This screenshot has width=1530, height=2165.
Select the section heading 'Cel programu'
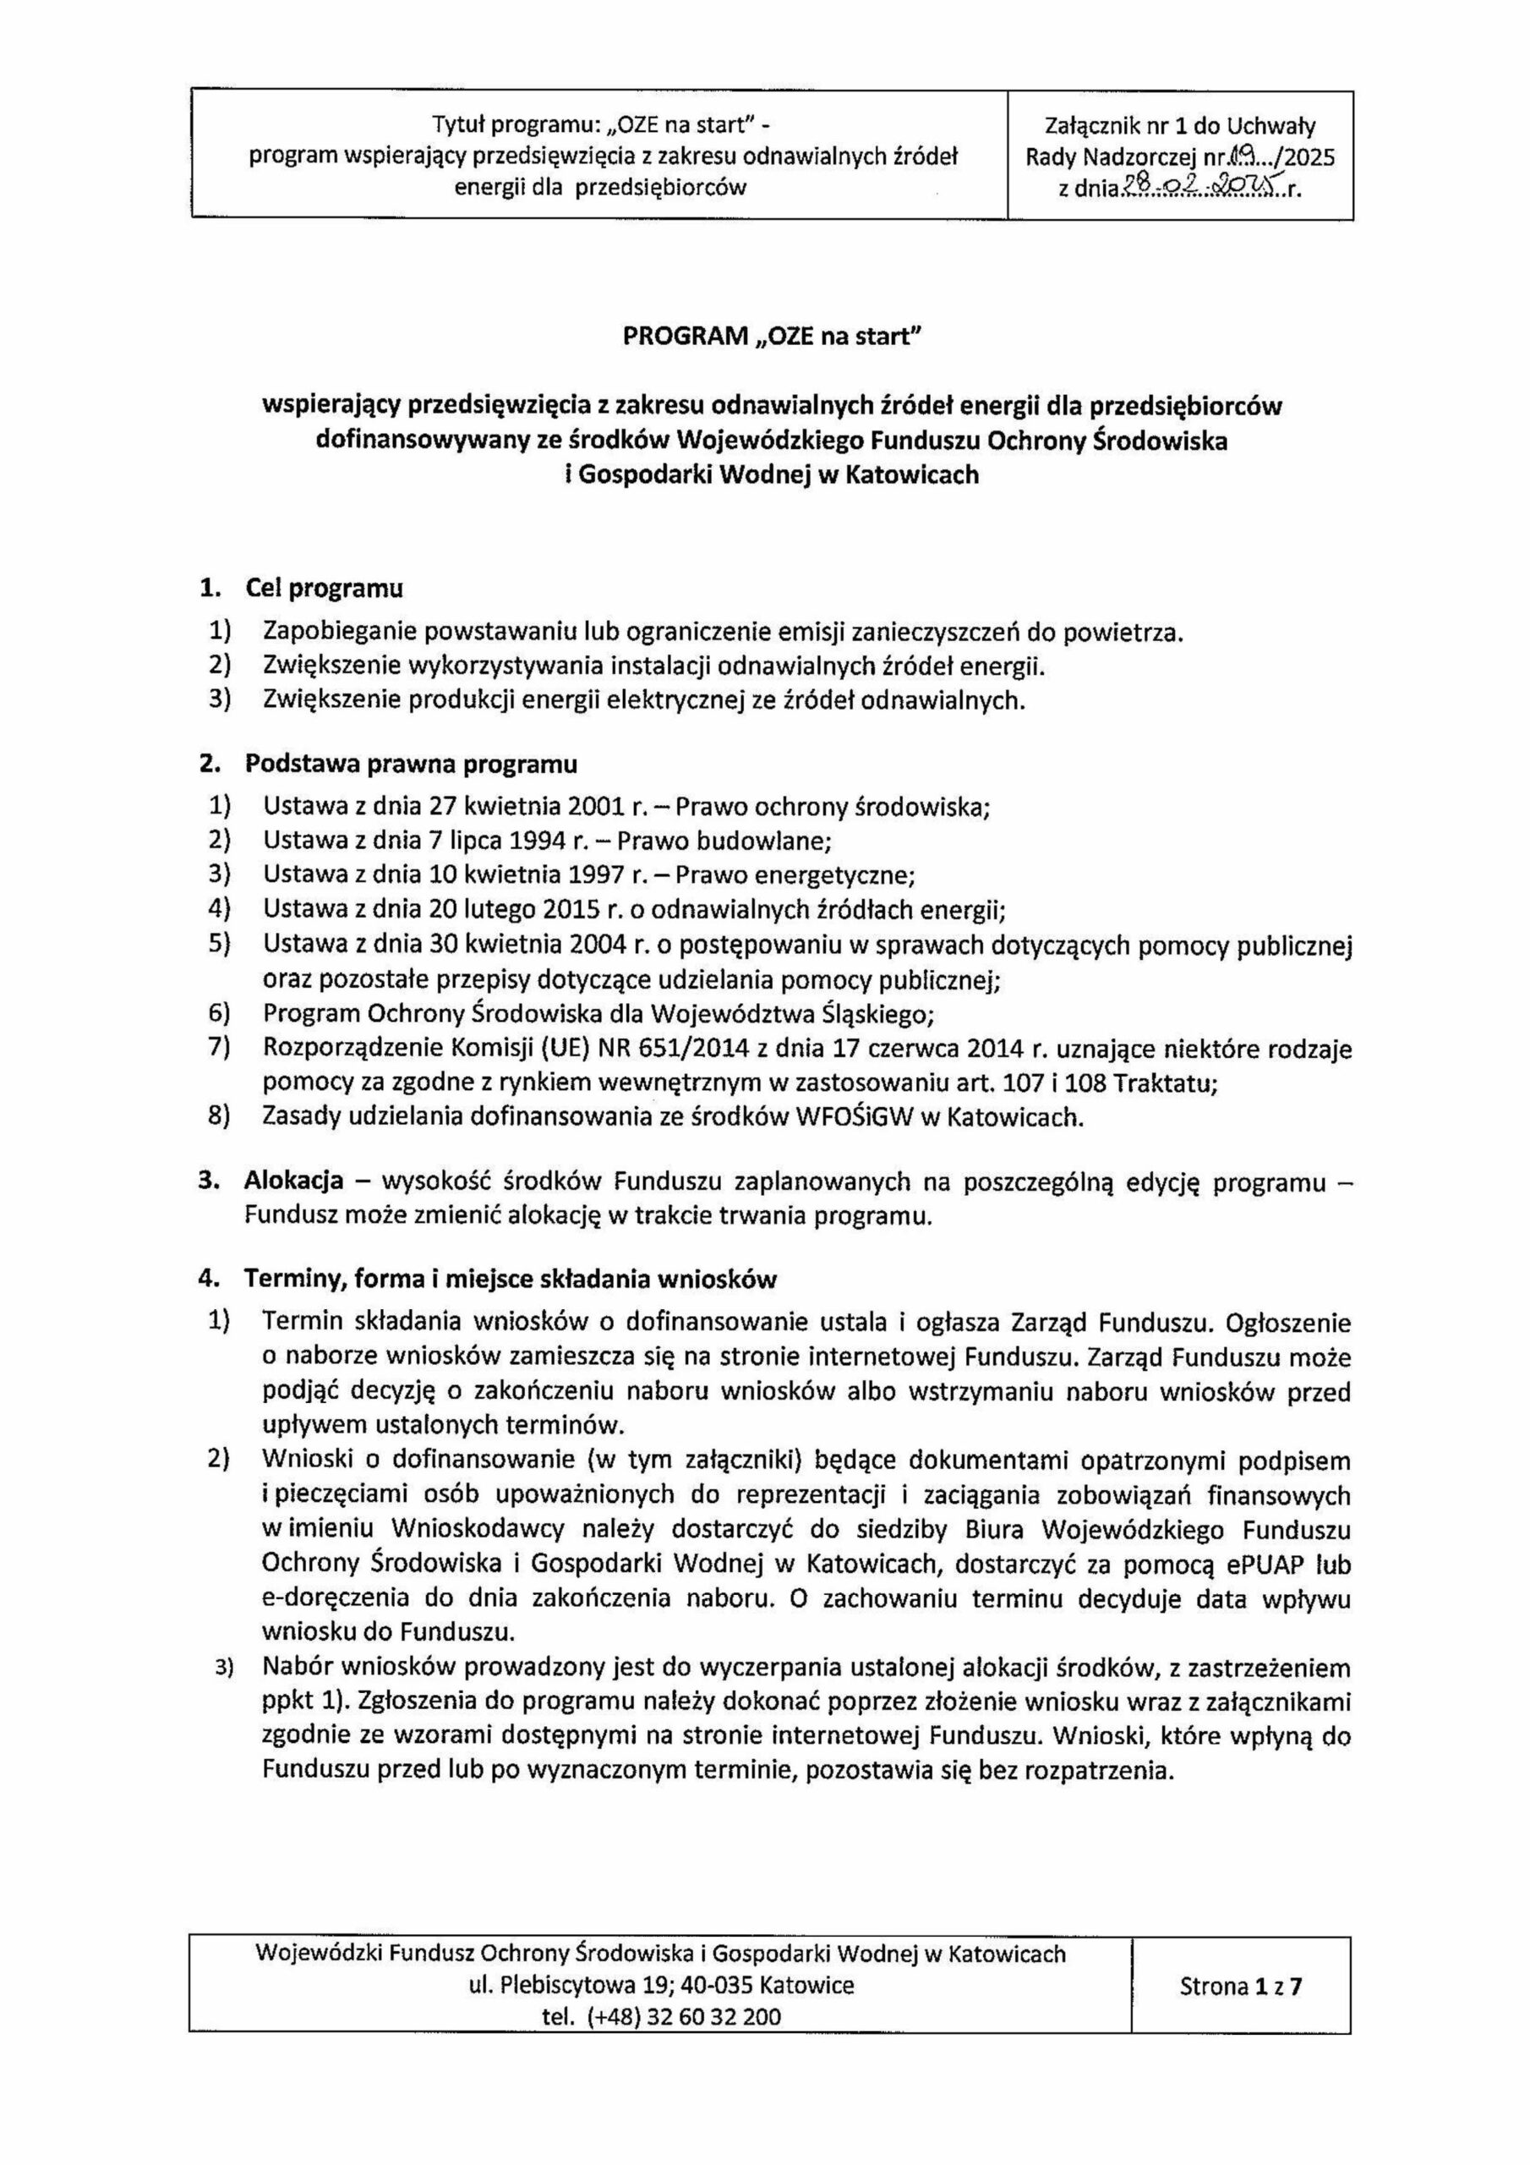pos(325,589)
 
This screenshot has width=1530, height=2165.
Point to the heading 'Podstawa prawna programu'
pos(411,764)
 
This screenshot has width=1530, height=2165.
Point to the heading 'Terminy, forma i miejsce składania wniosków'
pos(510,1280)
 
